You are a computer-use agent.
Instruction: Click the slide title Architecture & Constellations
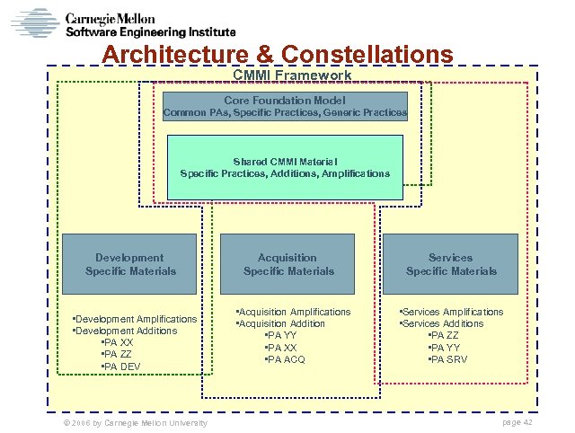(x=278, y=55)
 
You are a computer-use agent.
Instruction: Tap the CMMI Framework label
(x=286, y=75)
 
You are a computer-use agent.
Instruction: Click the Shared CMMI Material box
(x=285, y=167)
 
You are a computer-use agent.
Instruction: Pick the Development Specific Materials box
(x=130, y=264)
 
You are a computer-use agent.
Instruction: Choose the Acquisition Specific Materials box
(x=287, y=264)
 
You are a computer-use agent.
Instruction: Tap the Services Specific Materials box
(x=450, y=264)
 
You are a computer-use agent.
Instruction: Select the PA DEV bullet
(x=121, y=367)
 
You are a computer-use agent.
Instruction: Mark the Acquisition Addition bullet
(x=281, y=323)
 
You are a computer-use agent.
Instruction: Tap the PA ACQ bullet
(x=286, y=359)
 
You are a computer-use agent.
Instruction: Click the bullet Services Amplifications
(x=452, y=312)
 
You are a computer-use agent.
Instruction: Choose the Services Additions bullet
(x=442, y=323)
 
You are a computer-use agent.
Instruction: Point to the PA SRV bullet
(x=448, y=359)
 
